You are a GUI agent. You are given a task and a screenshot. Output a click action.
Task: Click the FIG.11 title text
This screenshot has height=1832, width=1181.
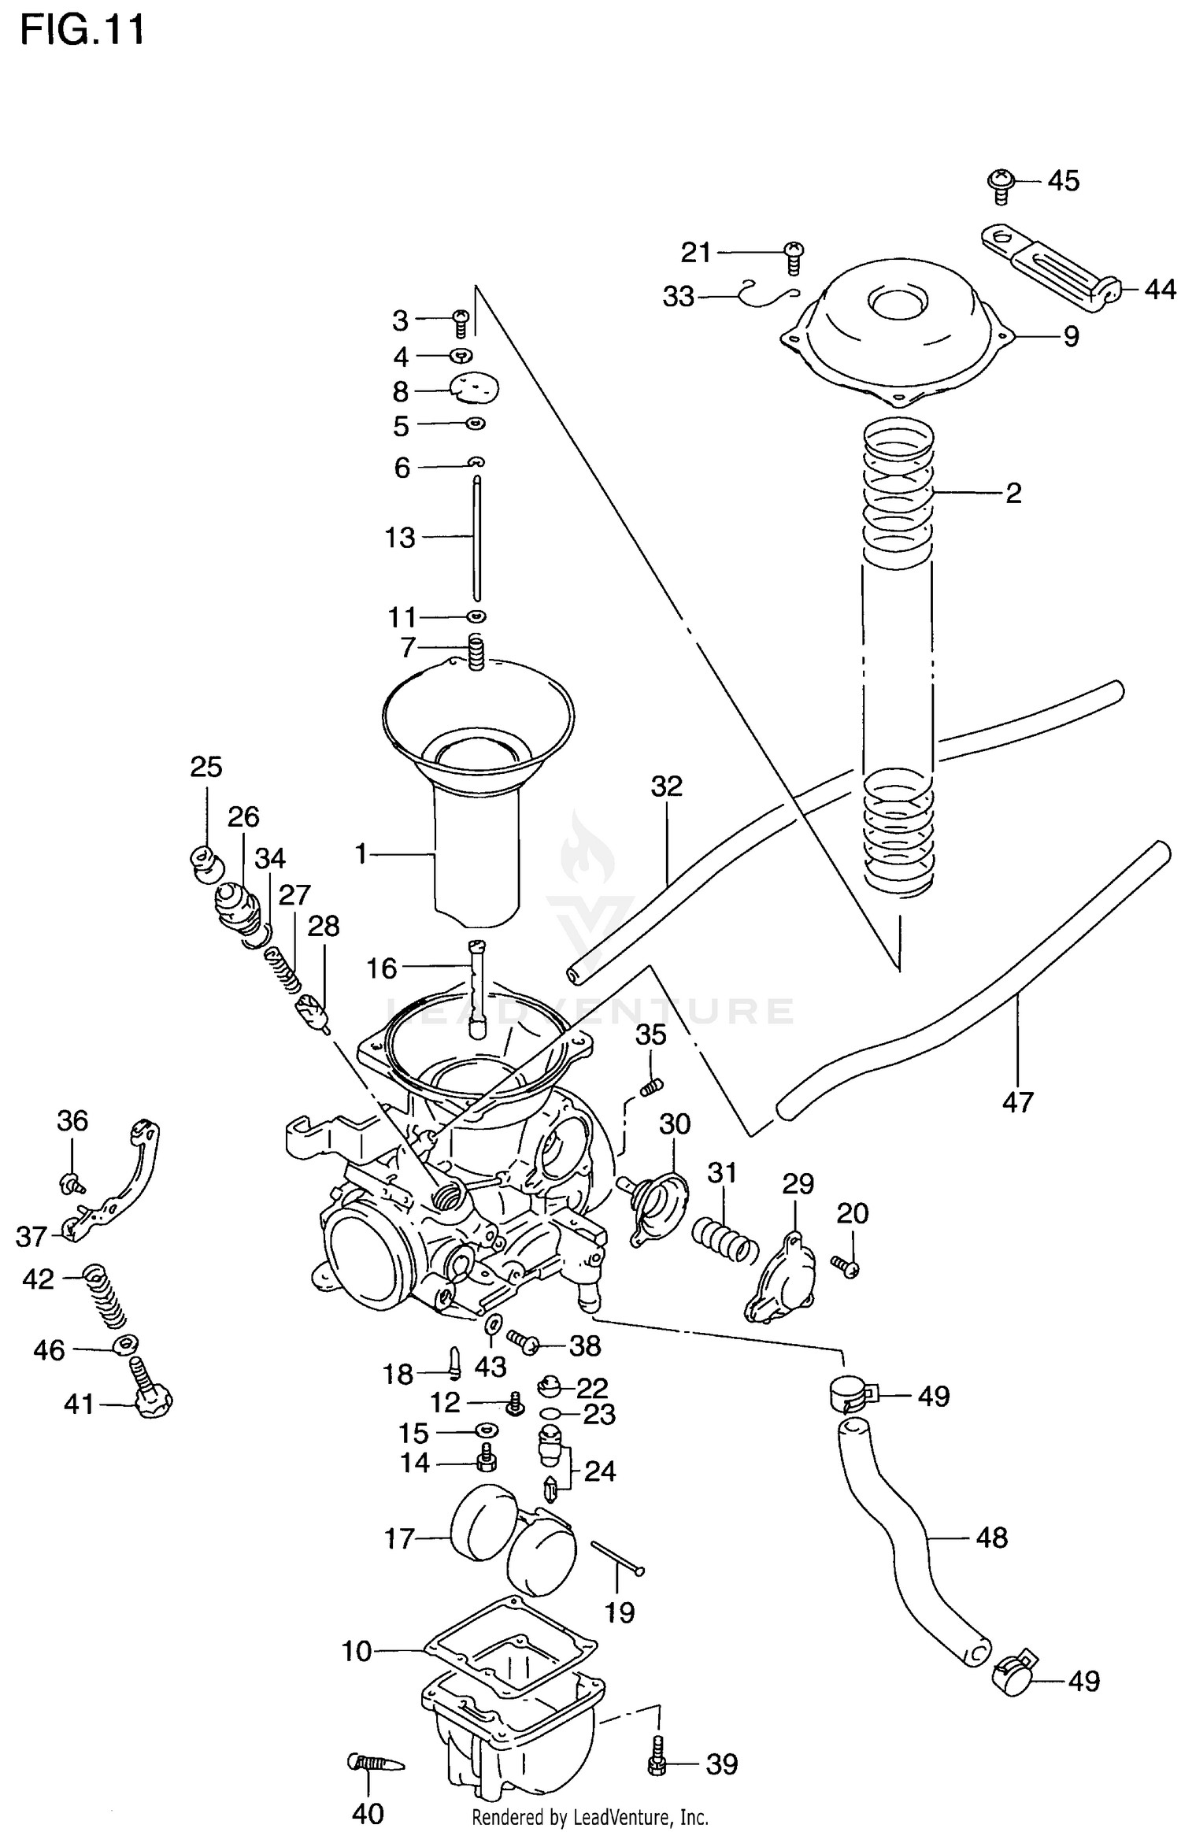point(82,31)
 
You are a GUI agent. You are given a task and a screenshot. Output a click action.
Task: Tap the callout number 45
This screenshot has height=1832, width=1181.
point(1063,181)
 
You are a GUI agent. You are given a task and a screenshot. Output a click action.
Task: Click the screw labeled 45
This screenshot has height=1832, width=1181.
point(999,184)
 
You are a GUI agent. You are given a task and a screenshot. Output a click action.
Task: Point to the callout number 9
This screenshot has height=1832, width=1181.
point(1071,337)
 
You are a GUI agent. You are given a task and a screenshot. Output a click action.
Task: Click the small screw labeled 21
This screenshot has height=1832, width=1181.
point(794,257)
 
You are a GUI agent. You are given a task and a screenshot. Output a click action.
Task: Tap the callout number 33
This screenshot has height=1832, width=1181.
point(679,297)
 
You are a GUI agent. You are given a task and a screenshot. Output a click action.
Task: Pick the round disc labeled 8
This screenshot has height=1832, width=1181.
point(475,387)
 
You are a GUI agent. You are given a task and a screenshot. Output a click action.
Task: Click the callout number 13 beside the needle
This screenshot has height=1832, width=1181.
point(400,538)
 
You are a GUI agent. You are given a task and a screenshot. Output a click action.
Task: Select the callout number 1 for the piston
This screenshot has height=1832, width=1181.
point(361,853)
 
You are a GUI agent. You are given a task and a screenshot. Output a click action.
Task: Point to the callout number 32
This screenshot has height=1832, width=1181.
point(666,786)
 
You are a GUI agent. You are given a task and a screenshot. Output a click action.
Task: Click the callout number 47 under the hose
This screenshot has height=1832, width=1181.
point(1017,1102)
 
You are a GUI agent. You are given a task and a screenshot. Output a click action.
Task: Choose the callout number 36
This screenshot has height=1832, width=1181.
point(72,1120)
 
